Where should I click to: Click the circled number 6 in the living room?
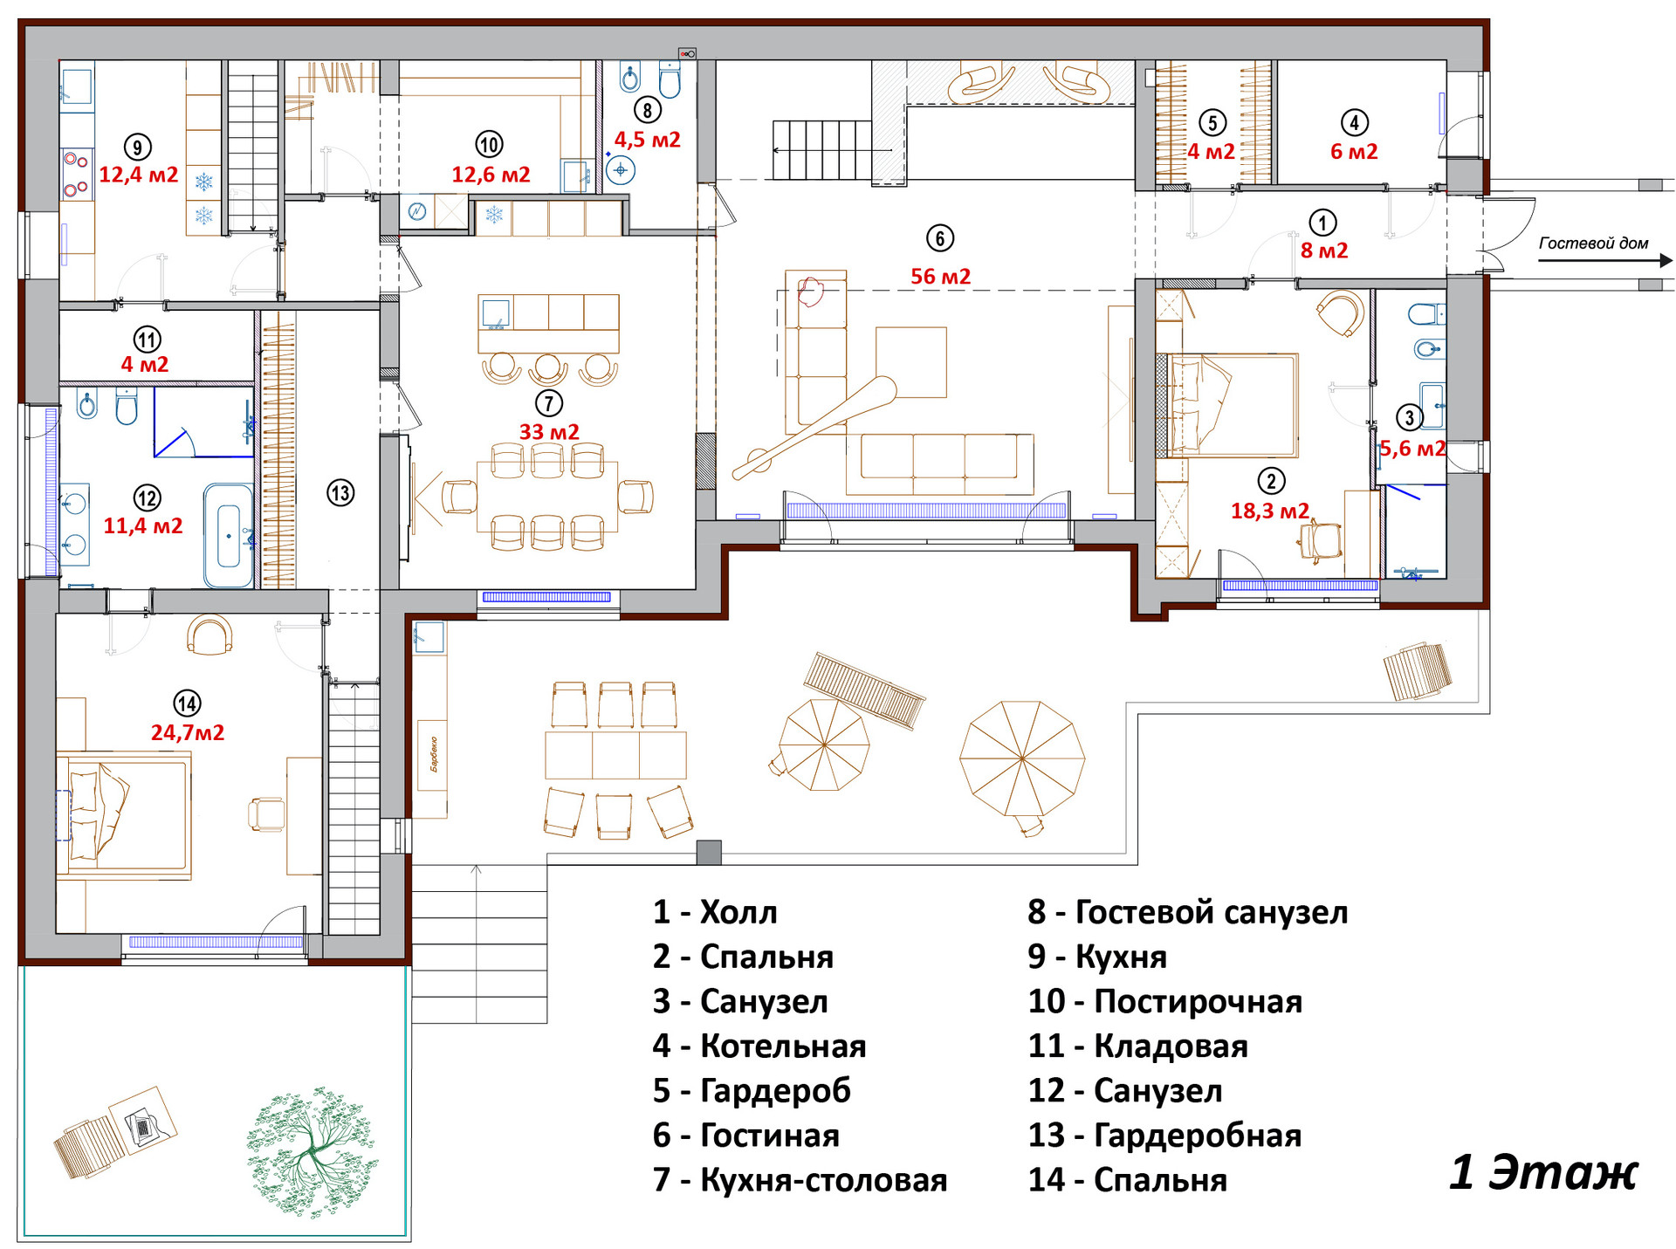(x=939, y=238)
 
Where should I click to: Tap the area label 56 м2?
(x=940, y=277)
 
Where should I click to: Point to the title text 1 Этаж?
(x=1543, y=1172)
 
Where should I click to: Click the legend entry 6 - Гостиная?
(x=745, y=1135)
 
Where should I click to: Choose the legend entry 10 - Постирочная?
(x=1164, y=1001)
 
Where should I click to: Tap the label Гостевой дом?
(x=1593, y=244)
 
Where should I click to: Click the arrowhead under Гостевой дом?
(x=1666, y=260)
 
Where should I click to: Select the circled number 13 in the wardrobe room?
(x=340, y=493)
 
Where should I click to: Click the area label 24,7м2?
(x=188, y=733)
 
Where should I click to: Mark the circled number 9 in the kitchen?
(x=137, y=147)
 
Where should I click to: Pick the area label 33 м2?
(x=549, y=432)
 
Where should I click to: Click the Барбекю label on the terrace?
(x=433, y=754)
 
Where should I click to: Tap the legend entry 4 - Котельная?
(x=759, y=1046)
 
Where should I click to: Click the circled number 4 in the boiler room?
(x=1354, y=122)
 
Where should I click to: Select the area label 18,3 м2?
(x=1270, y=511)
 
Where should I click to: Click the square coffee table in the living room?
(x=911, y=362)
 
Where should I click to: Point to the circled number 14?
(x=188, y=703)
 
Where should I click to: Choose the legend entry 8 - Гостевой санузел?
(x=1188, y=912)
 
